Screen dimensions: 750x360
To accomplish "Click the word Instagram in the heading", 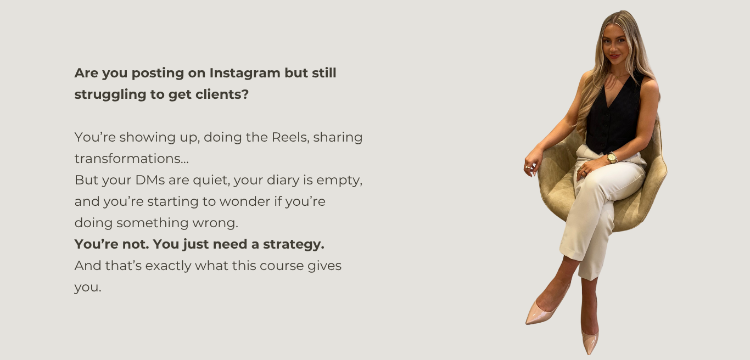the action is (x=245, y=74).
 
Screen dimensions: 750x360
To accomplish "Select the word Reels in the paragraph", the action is (x=290, y=137).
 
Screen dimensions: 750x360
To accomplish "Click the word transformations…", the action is (x=132, y=159).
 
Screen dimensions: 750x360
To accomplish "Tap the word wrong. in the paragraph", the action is (x=215, y=223).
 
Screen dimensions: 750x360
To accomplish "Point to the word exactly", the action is (x=170, y=266).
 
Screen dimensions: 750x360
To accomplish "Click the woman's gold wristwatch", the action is (x=612, y=158).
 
